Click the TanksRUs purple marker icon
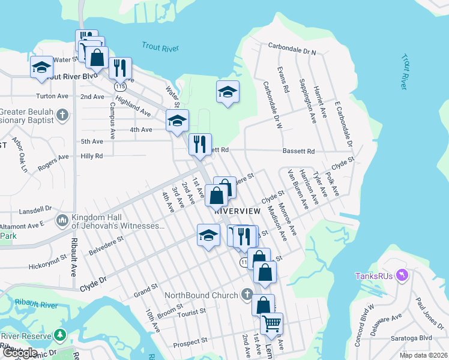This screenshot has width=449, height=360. coord(402,275)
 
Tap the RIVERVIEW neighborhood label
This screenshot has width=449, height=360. coord(237,212)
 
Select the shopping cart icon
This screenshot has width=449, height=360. coord(271,323)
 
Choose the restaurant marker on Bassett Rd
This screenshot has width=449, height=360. coord(200,144)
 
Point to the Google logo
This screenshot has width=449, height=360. coord(20,353)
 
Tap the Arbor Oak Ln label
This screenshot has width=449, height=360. coord(23,157)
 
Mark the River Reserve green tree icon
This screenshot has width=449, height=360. coord(59,334)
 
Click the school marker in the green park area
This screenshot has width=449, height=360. coord(228,93)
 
